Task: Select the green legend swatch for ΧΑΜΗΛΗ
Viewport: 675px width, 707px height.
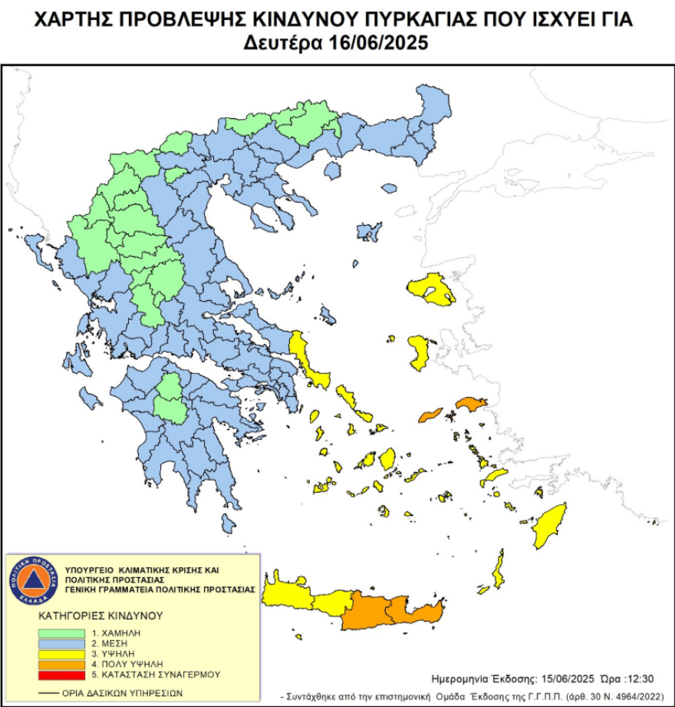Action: [62, 633]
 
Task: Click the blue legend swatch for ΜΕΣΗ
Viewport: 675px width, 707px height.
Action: [62, 643]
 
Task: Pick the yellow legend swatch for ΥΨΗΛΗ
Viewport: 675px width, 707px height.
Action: [62, 653]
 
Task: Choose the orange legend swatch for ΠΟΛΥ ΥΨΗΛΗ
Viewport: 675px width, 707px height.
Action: [62, 664]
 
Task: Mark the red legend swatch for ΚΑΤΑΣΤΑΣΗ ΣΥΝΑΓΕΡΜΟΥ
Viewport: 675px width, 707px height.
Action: [62, 675]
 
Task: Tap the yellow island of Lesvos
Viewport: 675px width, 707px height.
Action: [430, 290]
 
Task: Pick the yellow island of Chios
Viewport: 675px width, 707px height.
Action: [420, 352]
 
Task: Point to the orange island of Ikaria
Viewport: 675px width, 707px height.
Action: [430, 415]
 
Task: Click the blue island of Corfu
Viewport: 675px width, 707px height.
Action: [34, 247]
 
